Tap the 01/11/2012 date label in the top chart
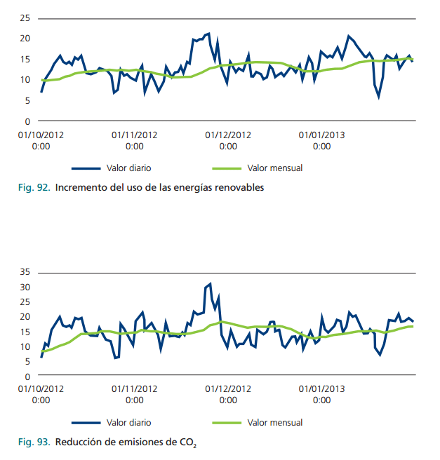pyautogui.click(x=134, y=134)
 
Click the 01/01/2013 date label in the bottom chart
pyautogui.click(x=321, y=388)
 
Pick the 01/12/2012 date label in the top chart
pyautogui.click(x=228, y=134)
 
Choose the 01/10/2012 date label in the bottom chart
pyautogui.click(x=41, y=388)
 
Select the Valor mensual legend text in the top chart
pyautogui.click(x=275, y=168)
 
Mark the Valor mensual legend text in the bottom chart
pyautogui.click(x=275, y=423)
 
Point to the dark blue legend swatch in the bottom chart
pyautogui.click(x=86, y=423)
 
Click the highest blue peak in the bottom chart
pyautogui.click(x=210, y=284)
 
